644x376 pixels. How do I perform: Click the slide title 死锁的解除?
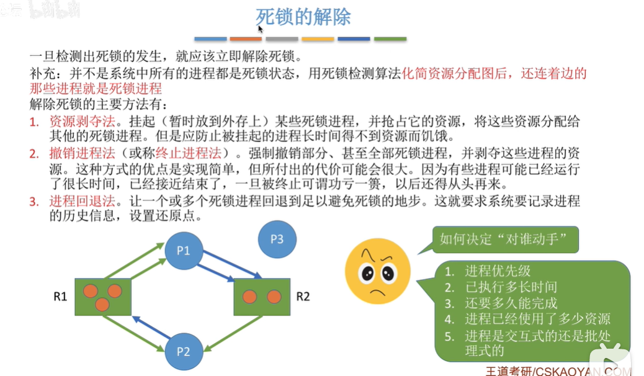point(303,17)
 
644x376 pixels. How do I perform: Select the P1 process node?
point(183,251)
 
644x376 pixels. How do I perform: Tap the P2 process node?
point(183,352)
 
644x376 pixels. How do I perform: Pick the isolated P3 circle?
point(277,239)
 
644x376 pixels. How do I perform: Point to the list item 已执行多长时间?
point(510,287)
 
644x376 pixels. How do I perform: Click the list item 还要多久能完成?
point(510,303)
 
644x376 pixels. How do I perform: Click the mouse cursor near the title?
point(260,28)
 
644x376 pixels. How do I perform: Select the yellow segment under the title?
point(318,39)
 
